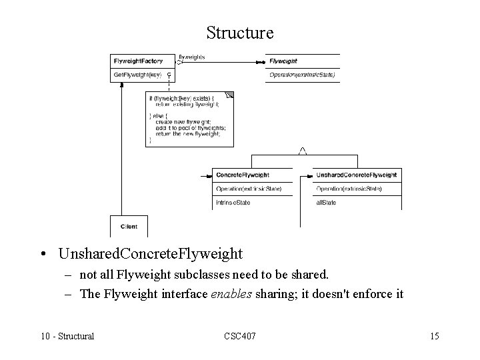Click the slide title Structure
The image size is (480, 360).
[240, 32]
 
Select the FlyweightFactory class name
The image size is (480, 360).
[139, 61]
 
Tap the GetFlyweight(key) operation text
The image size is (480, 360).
[138, 75]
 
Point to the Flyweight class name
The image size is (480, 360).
[284, 61]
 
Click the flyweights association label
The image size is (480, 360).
[192, 57]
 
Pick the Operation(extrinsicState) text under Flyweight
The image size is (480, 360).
[301, 75]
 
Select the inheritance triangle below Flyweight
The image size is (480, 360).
[302, 151]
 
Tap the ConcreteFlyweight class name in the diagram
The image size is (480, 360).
[243, 175]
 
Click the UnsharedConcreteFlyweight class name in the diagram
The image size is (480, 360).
[357, 175]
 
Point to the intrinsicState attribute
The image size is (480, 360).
[233, 202]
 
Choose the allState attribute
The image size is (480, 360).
[326, 202]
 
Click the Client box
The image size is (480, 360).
[129, 227]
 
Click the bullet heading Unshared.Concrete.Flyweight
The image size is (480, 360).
[151, 254]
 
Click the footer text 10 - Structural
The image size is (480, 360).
[67, 336]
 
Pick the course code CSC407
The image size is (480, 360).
[239, 336]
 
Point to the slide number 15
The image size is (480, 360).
[434, 336]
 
